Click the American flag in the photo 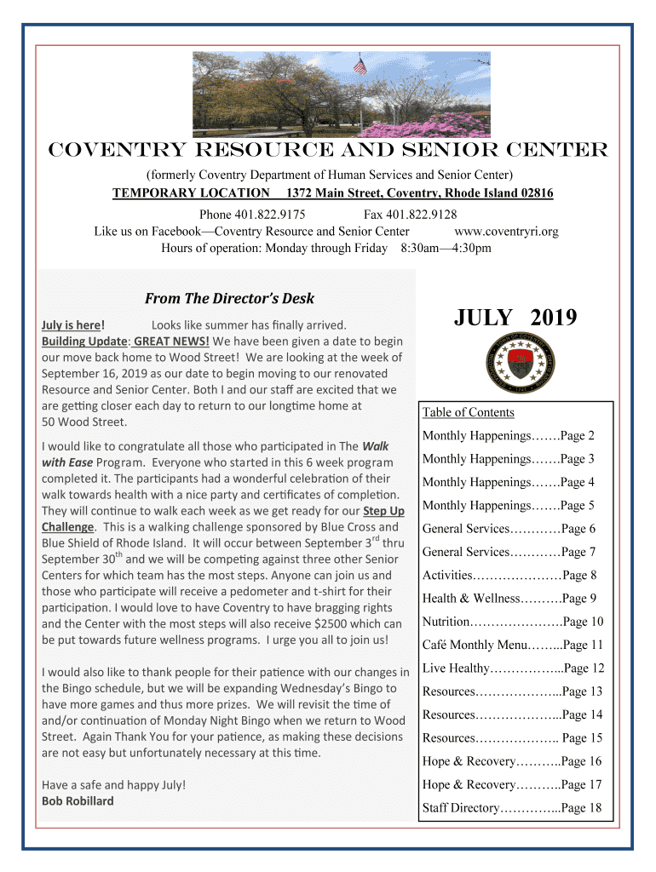pyautogui.click(x=360, y=66)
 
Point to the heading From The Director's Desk pyautogui.click(x=229, y=299)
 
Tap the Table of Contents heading pyautogui.click(x=468, y=413)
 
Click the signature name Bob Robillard pyautogui.click(x=78, y=800)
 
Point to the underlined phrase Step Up pyautogui.click(x=383, y=511)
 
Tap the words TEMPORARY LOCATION pyautogui.click(x=192, y=193)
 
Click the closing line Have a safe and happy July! pyautogui.click(x=113, y=784)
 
